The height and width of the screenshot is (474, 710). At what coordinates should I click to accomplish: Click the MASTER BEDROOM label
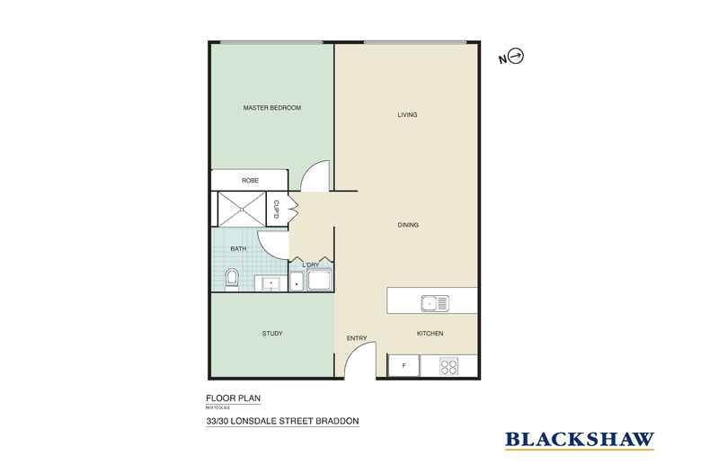tap(271, 108)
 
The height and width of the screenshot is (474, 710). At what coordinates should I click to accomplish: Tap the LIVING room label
tap(409, 115)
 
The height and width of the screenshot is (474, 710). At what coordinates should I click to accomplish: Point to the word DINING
tap(409, 225)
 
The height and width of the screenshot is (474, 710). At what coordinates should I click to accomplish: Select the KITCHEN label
tap(430, 334)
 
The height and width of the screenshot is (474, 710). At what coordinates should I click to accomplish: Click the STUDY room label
tap(271, 334)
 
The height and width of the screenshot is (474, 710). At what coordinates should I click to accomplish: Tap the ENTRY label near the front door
tap(357, 338)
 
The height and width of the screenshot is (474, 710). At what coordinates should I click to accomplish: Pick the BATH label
tap(238, 248)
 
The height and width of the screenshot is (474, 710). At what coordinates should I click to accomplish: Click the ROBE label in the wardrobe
tap(250, 181)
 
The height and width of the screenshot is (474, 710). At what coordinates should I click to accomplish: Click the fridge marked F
tap(404, 366)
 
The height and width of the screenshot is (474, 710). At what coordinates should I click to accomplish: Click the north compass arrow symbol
tap(516, 58)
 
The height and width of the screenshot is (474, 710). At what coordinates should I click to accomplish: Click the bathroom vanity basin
tap(269, 282)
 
